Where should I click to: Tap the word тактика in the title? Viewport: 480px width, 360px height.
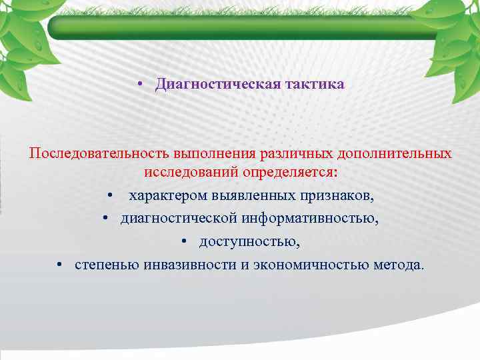click(315, 85)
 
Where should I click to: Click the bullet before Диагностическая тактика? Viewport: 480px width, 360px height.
click(141, 85)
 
